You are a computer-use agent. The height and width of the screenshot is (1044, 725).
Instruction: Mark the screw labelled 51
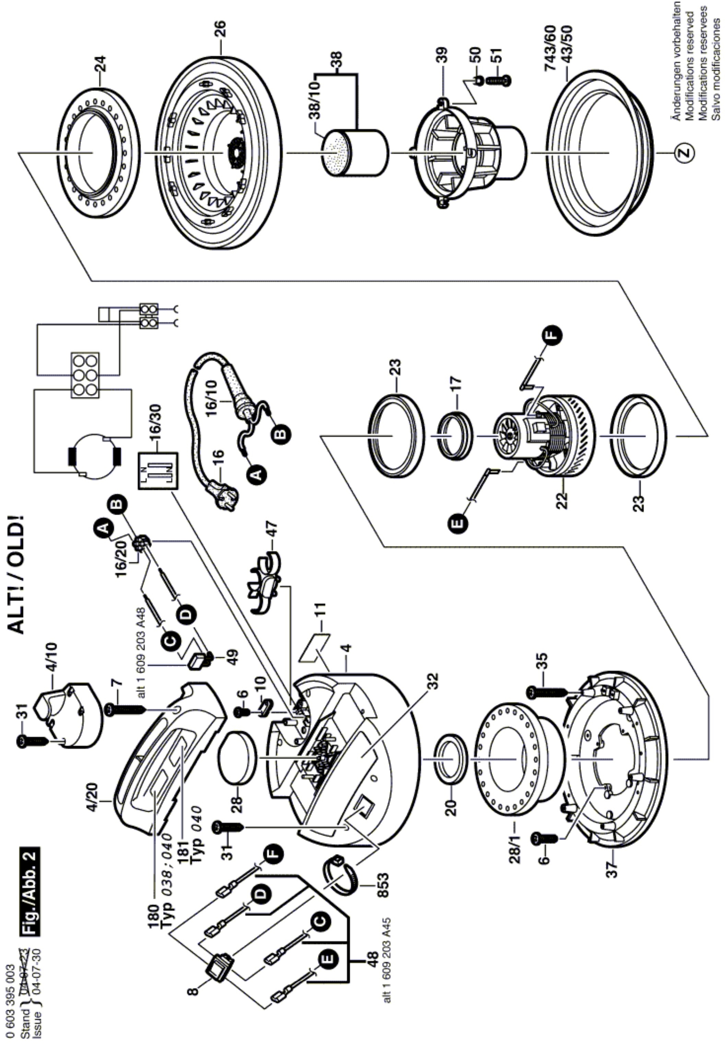click(499, 80)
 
